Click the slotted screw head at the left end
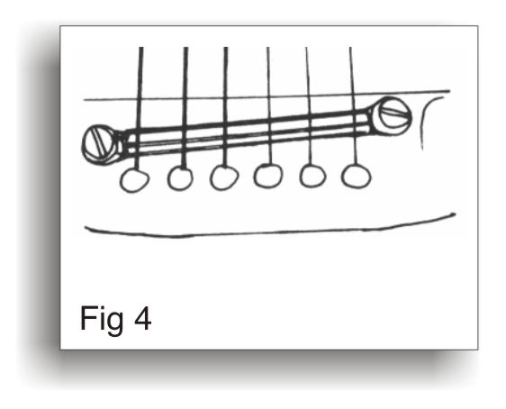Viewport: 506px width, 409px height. (x=99, y=144)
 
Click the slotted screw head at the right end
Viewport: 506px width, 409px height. (x=394, y=115)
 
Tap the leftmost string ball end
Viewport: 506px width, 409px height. (x=134, y=180)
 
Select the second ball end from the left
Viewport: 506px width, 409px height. (x=180, y=178)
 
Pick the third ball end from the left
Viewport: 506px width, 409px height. (x=224, y=177)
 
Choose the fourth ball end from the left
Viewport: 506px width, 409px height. (x=267, y=176)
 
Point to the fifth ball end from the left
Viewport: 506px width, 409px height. (x=312, y=176)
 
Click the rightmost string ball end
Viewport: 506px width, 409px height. (x=356, y=177)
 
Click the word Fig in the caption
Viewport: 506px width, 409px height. (x=102, y=320)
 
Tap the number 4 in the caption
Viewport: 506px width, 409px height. (x=143, y=318)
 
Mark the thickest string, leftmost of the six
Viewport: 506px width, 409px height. (x=139, y=108)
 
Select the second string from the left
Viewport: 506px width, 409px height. (x=185, y=108)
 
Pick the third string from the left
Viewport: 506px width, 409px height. (x=225, y=106)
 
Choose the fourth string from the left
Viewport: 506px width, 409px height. (x=269, y=106)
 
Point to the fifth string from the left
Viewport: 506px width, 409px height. (x=309, y=106)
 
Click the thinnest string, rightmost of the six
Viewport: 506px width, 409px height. (x=353, y=106)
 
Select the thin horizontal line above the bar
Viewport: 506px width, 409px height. (x=267, y=95)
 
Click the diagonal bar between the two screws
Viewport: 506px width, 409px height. (x=247, y=132)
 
